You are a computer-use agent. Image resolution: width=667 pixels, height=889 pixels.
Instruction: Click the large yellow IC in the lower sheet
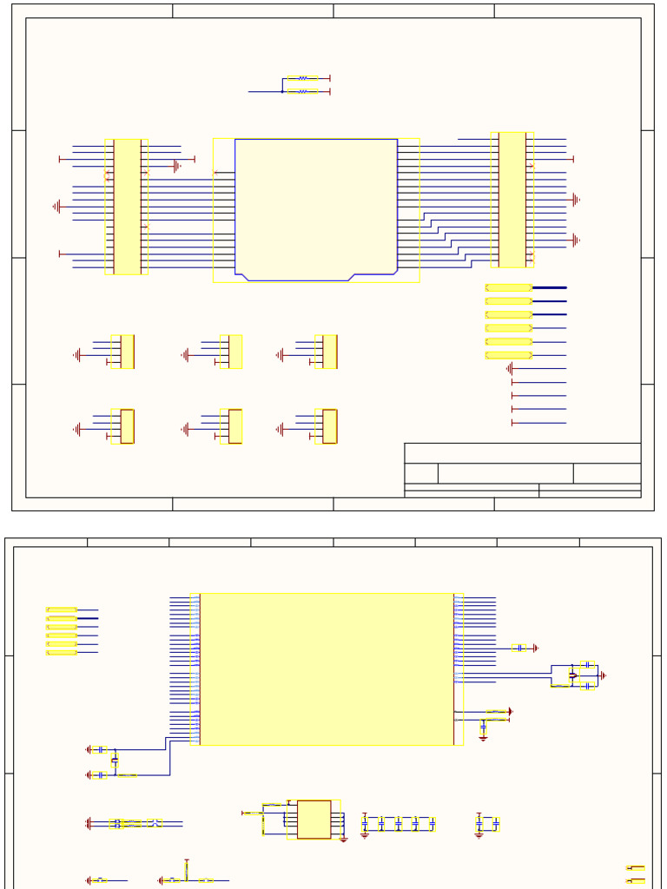[x=327, y=668]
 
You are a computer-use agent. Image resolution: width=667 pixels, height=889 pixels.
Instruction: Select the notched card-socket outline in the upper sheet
[x=316, y=209]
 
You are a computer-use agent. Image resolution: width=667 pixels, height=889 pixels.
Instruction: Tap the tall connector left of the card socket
[x=127, y=207]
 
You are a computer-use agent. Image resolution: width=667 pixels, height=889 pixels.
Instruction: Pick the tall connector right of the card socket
[x=512, y=200]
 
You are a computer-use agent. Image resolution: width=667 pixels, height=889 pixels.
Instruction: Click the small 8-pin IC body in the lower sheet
[x=314, y=820]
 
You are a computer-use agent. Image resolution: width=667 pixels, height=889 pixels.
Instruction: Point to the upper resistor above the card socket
[x=302, y=78]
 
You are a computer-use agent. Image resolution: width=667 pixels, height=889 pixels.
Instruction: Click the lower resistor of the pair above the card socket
[x=302, y=91]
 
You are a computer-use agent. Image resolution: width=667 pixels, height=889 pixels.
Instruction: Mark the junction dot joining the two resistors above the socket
[x=283, y=91]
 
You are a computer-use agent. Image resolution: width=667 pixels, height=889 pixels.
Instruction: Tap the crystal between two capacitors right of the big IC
[x=572, y=675]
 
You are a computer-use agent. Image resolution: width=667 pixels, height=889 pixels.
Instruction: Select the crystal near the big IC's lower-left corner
[x=115, y=761]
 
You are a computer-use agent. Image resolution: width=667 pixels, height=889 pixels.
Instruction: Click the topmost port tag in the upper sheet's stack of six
[x=509, y=287]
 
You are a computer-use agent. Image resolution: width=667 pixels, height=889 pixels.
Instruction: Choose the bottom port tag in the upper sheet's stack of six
[x=509, y=355]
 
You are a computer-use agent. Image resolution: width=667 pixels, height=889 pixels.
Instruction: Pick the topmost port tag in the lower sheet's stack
[x=62, y=610]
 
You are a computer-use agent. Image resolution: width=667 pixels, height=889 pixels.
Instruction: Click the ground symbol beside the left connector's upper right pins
[x=177, y=165]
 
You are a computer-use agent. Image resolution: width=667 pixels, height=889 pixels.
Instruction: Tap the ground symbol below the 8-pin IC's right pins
[x=344, y=839]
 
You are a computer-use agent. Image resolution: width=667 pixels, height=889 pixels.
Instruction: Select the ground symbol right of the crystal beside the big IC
[x=603, y=675]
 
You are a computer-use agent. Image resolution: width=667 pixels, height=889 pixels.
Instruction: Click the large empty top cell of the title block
[x=522, y=453]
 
